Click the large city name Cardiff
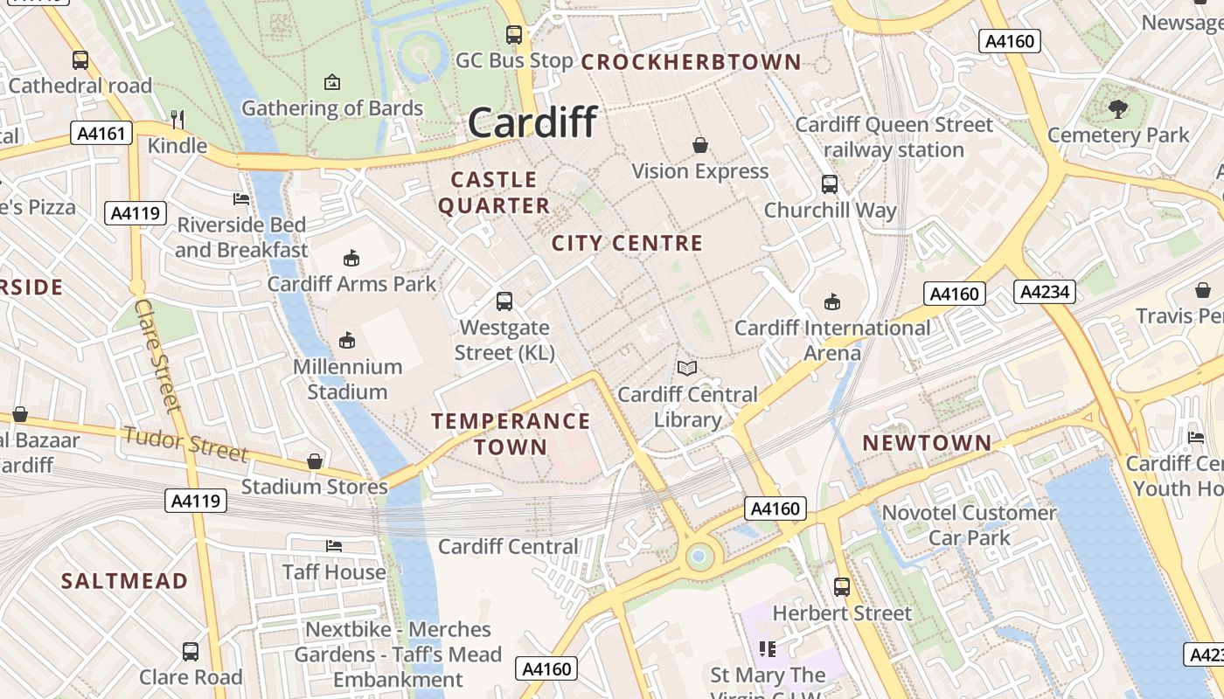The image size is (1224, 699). [x=532, y=122]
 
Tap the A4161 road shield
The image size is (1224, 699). [x=101, y=134]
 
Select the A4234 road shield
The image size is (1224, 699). [x=1044, y=292]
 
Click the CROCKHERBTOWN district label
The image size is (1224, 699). [x=691, y=62]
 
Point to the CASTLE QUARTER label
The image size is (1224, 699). [x=494, y=193]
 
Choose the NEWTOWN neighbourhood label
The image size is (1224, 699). [x=928, y=443]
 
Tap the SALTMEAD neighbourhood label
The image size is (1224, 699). [x=124, y=581]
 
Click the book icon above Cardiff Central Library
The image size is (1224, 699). [x=687, y=369]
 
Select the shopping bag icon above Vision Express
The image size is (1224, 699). [x=699, y=144]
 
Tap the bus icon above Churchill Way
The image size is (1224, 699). [x=829, y=184]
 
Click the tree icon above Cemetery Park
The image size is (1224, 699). [x=1117, y=109]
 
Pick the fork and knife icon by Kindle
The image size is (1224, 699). [x=177, y=119]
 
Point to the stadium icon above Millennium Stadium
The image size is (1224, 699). [x=347, y=340]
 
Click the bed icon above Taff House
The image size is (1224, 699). [x=333, y=546]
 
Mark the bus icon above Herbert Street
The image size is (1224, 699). [x=841, y=587]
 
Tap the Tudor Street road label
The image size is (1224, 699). [x=185, y=443]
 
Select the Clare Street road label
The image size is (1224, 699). [x=157, y=355]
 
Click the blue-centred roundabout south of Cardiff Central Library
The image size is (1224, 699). [x=699, y=556]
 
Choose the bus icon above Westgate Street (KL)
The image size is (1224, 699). [x=504, y=301]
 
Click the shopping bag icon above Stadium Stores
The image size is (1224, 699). [x=314, y=460]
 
